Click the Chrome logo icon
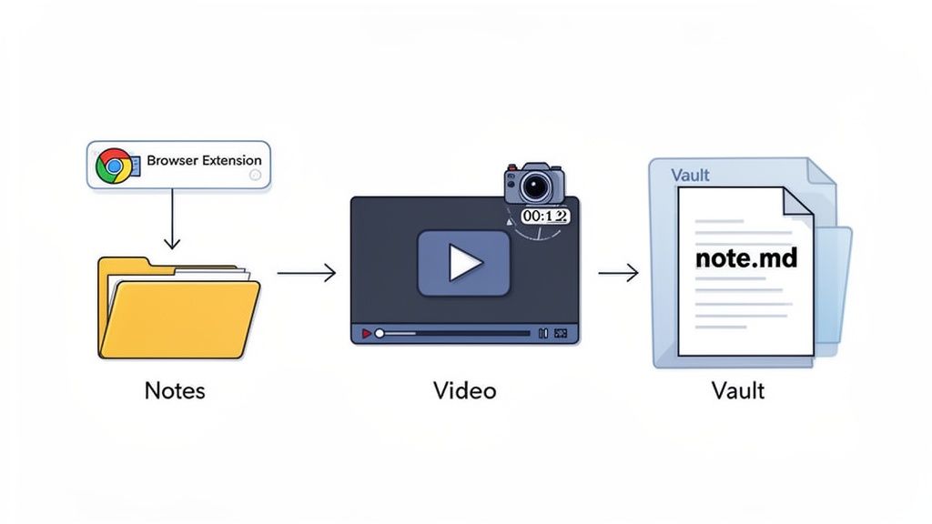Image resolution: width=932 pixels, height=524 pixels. (113, 165)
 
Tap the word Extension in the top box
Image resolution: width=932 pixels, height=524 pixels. (231, 161)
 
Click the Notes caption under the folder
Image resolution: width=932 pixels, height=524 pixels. (175, 391)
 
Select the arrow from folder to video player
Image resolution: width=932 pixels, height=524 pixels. (307, 272)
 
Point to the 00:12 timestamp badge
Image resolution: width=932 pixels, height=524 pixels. (544, 217)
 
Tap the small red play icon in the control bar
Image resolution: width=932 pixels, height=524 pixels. (366, 334)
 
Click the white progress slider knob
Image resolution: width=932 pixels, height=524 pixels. (380, 334)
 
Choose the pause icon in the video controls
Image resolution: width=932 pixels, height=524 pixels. (543, 334)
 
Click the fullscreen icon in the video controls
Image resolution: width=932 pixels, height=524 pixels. (561, 334)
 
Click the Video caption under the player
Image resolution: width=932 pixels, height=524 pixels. (464, 391)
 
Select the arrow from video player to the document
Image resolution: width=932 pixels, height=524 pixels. (618, 272)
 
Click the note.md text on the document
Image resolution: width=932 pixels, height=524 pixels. (745, 258)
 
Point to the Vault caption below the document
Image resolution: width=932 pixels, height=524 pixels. (738, 391)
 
